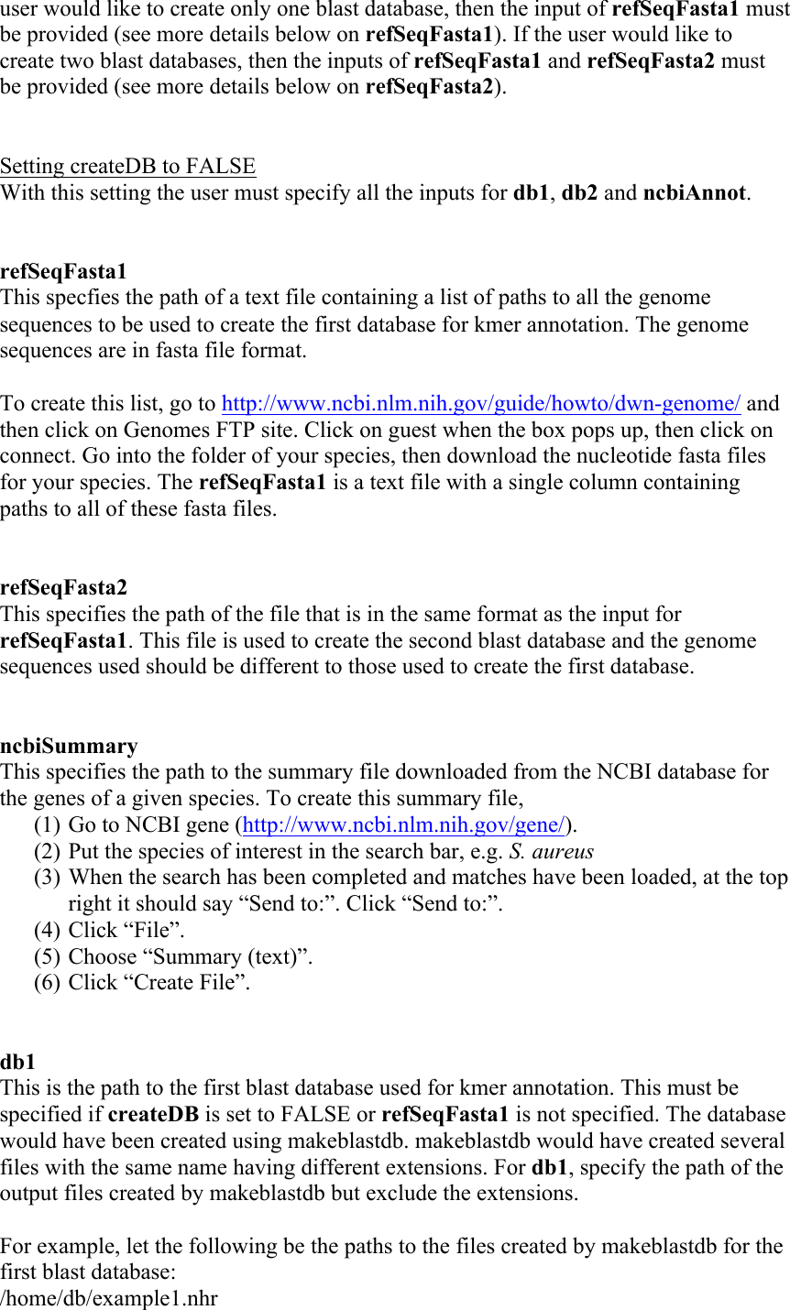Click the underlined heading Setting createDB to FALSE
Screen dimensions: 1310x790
click(127, 167)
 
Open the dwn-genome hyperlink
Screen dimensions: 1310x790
click(481, 404)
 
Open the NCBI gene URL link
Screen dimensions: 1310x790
click(403, 825)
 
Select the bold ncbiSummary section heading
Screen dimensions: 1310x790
click(69, 746)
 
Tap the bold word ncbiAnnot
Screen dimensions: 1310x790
click(694, 193)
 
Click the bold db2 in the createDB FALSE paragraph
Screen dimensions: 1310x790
click(579, 193)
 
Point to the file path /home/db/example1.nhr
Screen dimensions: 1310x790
click(109, 1299)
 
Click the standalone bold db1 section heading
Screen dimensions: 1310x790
click(17, 1063)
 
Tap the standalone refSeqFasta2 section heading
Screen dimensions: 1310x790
click(63, 587)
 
